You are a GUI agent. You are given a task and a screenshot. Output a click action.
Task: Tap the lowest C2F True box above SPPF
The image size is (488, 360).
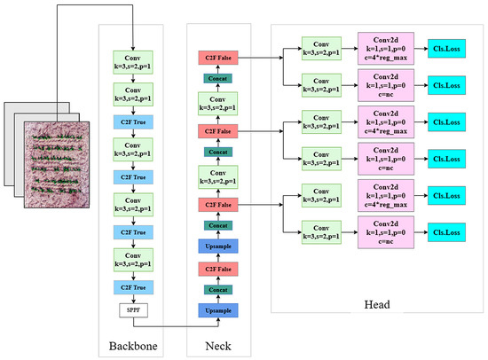[133, 286]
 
